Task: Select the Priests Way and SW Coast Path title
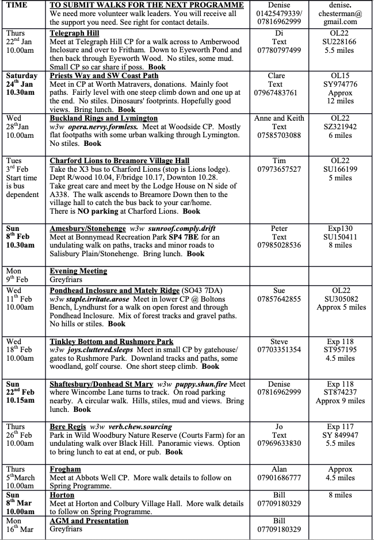pyautogui.click(x=104, y=76)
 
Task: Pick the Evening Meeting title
pyautogui.click(x=78, y=271)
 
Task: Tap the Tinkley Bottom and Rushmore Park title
pyautogui.click(x=112, y=341)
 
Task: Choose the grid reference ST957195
pyautogui.click(x=339, y=349)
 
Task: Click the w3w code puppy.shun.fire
pyautogui.click(x=200, y=384)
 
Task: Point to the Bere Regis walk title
pyautogui.click(x=68, y=427)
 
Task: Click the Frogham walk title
pyautogui.click(x=66, y=469)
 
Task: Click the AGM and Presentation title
pyautogui.click(x=89, y=521)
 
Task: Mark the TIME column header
pyautogui.click(x=17, y=5)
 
